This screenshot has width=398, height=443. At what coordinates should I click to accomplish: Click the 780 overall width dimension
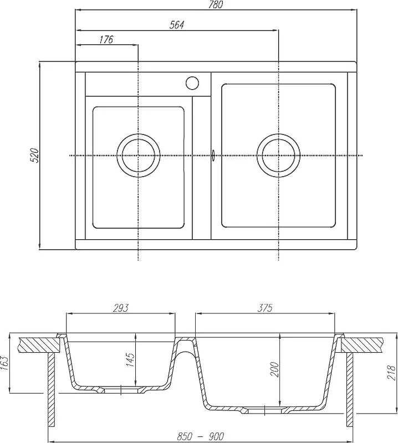(x=216, y=5)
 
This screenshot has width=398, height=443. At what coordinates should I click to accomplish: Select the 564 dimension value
(x=177, y=25)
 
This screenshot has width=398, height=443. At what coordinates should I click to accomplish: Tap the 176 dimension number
(x=106, y=39)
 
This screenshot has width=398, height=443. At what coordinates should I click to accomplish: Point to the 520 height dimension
(x=34, y=155)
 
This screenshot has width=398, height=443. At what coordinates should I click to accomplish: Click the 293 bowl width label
(x=120, y=308)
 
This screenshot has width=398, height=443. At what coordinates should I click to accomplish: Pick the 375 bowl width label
(x=265, y=308)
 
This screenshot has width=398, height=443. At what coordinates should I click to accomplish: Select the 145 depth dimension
(x=131, y=359)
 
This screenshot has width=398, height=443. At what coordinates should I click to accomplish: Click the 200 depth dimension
(x=274, y=369)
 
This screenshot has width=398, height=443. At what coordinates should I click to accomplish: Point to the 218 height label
(x=391, y=372)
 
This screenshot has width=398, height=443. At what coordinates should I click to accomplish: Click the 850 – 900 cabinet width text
(x=200, y=436)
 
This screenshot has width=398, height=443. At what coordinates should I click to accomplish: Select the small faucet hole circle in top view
(x=192, y=83)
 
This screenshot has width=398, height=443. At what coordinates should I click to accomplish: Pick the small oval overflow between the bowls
(x=213, y=156)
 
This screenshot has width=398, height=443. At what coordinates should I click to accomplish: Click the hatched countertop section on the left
(x=39, y=344)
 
